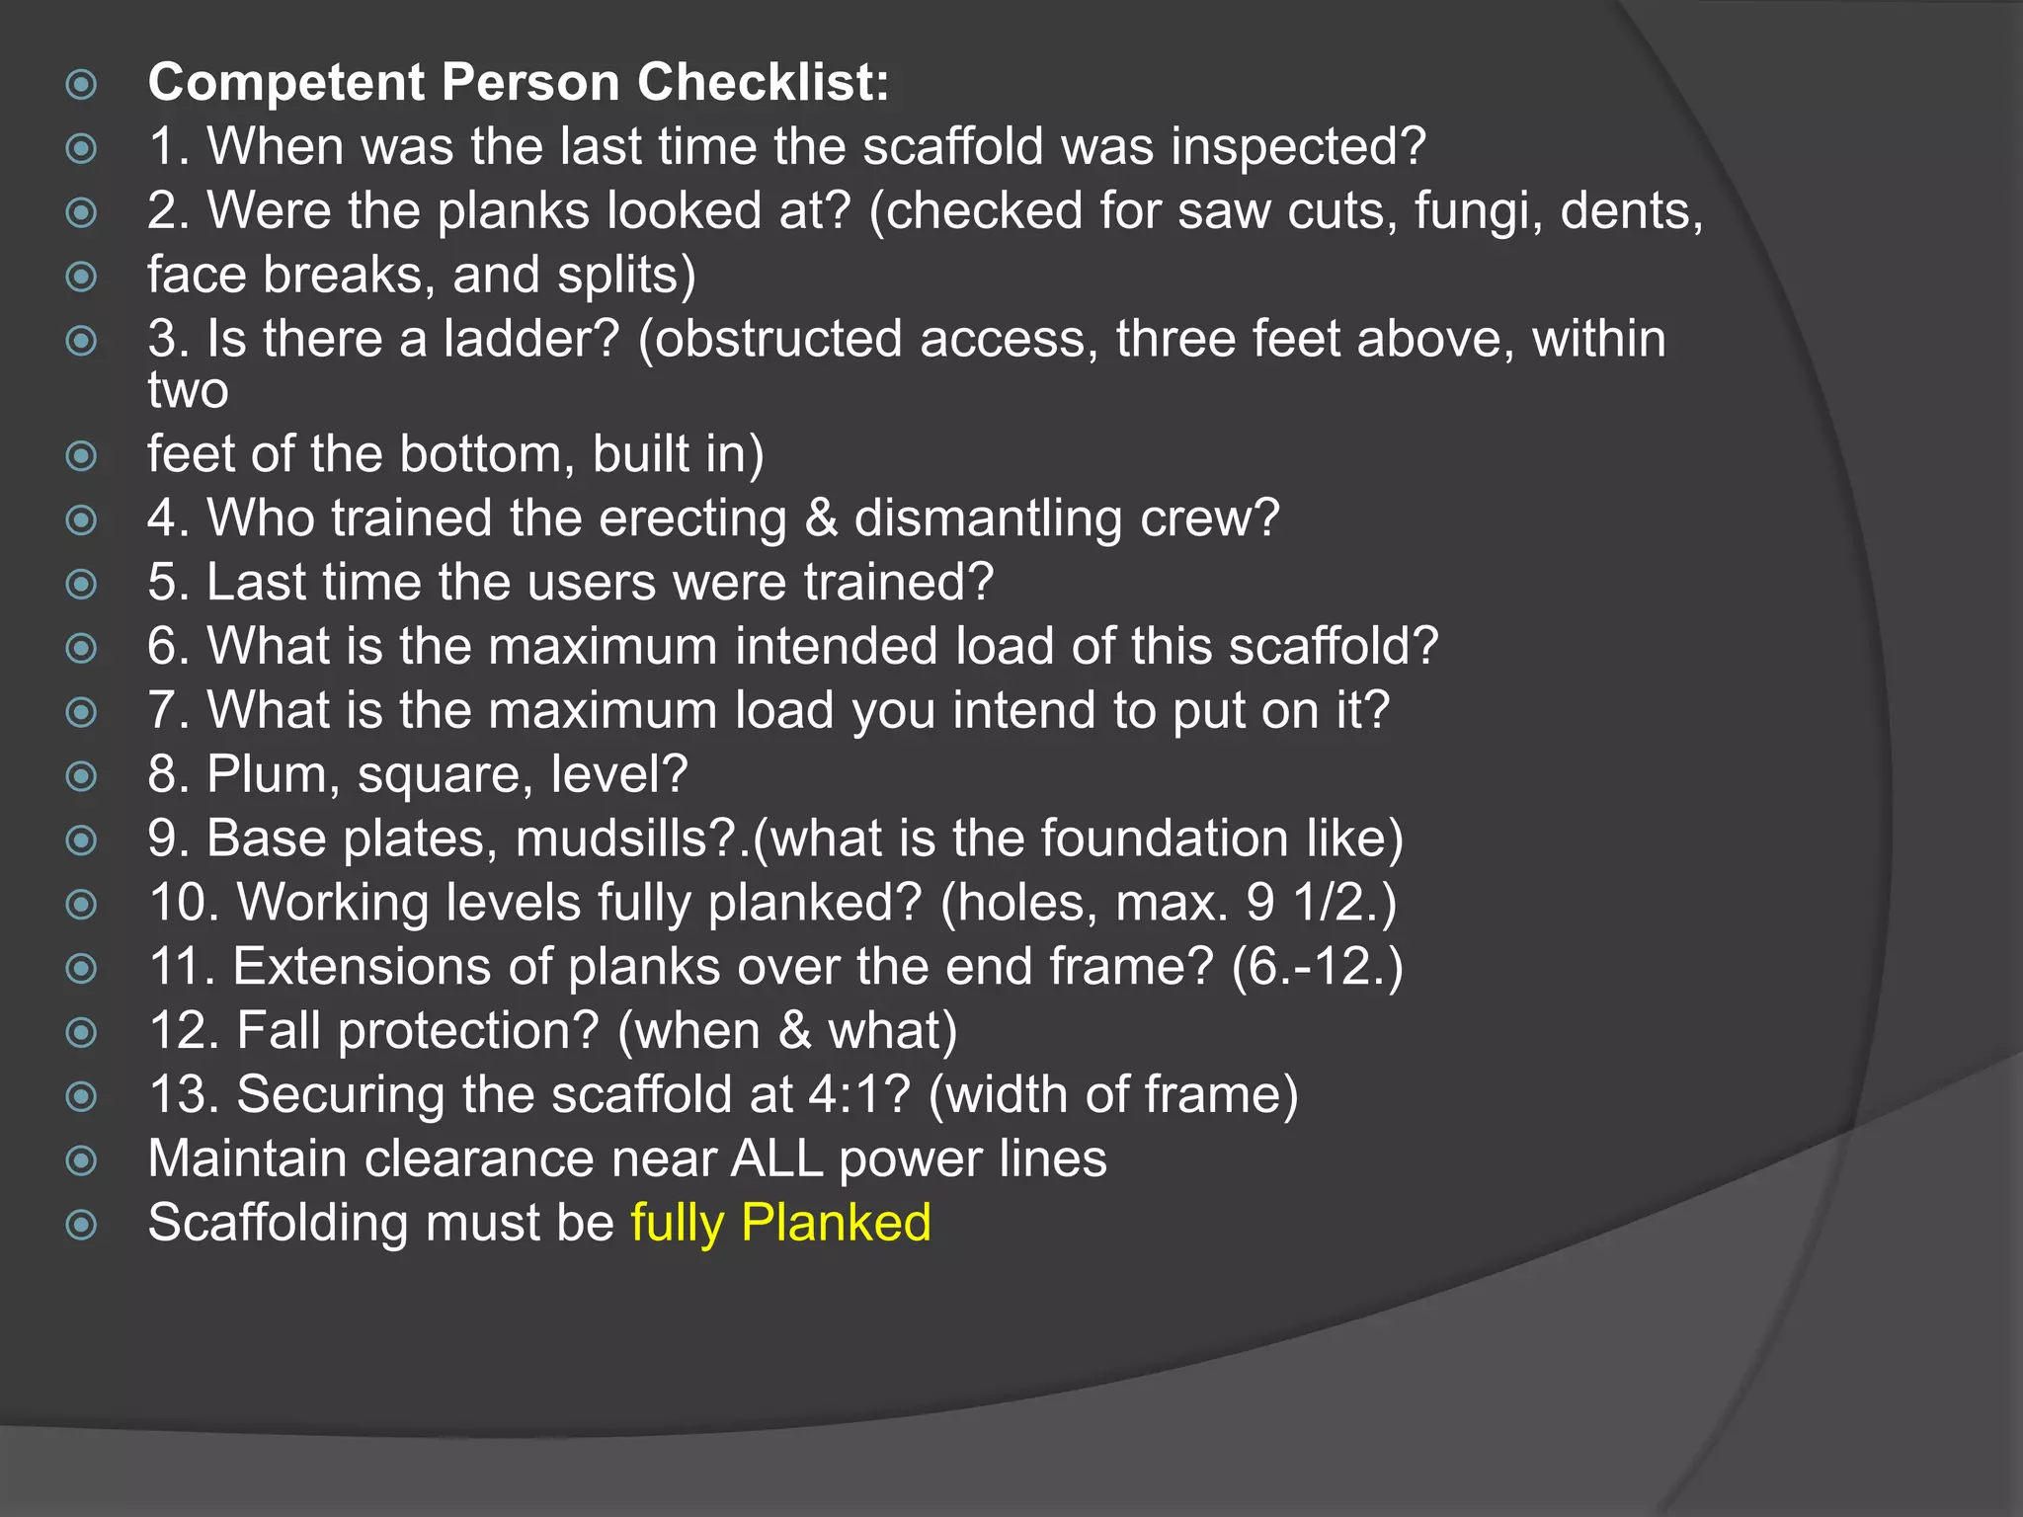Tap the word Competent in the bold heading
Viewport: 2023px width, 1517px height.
pos(285,82)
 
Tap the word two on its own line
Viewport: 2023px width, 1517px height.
pos(188,390)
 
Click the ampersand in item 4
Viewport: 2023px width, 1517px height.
pos(821,519)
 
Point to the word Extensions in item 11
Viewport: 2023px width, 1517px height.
pos(362,967)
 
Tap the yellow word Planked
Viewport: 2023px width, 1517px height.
pos(836,1224)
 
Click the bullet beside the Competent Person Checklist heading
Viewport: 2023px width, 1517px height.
pos(81,84)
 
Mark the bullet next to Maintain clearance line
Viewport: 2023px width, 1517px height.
pos(81,1160)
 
